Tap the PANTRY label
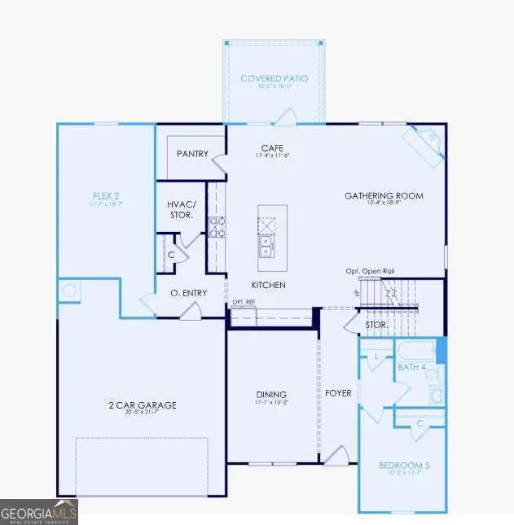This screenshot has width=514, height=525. click(x=191, y=154)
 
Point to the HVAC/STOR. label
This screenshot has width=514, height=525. click(x=179, y=210)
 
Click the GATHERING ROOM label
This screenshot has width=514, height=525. click(x=384, y=196)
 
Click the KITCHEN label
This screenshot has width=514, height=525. click(x=268, y=285)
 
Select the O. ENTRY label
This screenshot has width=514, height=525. click(x=187, y=293)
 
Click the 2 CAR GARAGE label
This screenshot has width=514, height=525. click(x=143, y=405)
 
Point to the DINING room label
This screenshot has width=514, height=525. click(x=271, y=395)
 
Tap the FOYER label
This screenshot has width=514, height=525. click(x=338, y=393)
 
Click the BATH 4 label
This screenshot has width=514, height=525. click(x=412, y=368)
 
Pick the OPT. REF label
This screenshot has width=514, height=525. click(x=244, y=302)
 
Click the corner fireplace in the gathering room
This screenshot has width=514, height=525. click(x=424, y=142)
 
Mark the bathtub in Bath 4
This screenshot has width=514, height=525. click(x=416, y=351)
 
